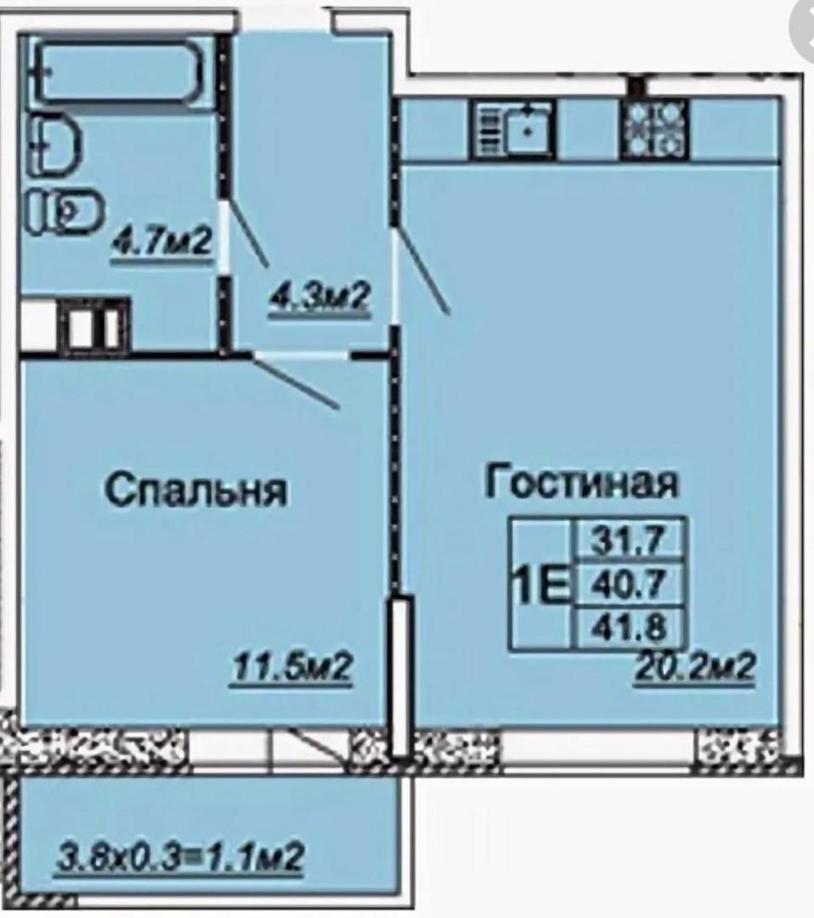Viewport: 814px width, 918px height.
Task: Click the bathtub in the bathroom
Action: (119, 72)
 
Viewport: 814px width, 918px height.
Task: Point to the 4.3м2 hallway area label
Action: (319, 300)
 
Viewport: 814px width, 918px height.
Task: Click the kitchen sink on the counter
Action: (515, 128)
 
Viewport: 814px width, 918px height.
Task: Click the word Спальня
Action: (196, 490)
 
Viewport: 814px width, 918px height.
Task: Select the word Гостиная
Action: (582, 481)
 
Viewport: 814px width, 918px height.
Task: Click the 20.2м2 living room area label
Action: (695, 667)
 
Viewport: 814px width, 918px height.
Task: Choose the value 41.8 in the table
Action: (629, 627)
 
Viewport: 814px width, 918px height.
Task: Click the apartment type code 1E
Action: (540, 583)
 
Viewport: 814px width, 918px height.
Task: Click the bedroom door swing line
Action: (297, 381)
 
